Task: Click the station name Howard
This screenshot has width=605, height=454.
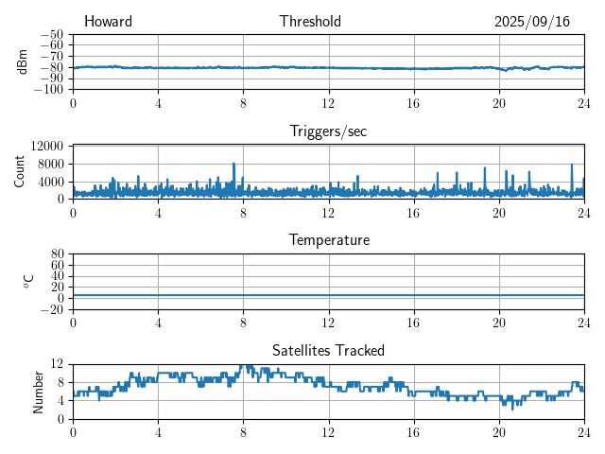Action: pos(108,22)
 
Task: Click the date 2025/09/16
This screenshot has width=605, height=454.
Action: pos(532,22)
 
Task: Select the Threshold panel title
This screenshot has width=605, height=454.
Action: pos(310,22)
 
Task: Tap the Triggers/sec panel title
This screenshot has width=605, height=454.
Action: pos(328,131)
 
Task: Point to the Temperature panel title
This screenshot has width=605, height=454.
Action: pos(328,240)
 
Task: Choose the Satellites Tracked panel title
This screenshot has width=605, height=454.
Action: pos(328,350)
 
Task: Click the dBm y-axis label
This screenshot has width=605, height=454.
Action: pos(23,61)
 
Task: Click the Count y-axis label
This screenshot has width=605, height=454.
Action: pos(20,171)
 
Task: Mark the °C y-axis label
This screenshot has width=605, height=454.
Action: pos(28,281)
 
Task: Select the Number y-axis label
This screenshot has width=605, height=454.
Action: pos(39,391)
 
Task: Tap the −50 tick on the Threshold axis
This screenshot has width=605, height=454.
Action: pos(52,34)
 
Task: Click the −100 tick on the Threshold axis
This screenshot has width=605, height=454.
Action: pos(49,90)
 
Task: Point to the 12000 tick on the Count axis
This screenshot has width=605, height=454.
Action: pos(46,146)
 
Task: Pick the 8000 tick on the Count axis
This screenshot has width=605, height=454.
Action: pos(50,164)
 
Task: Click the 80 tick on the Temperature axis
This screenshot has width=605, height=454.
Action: pos(57,253)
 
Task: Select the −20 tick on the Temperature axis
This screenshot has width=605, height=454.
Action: pos(52,309)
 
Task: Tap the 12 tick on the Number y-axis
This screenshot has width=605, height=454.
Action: pos(57,364)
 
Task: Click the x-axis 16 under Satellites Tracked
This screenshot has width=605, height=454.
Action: pos(413,432)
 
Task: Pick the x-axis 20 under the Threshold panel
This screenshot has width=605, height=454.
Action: pos(499,102)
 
